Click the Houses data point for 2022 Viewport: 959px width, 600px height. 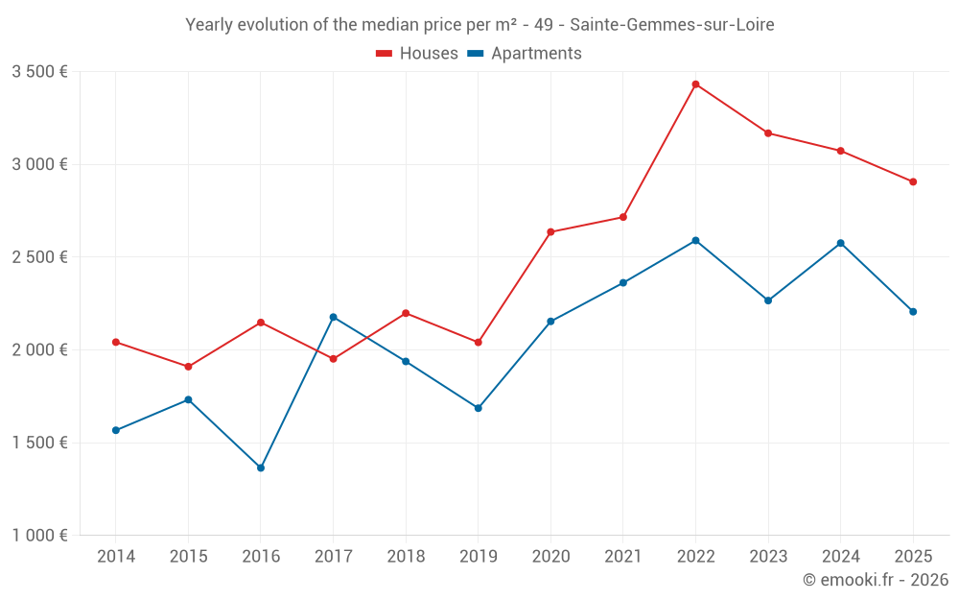(x=695, y=84)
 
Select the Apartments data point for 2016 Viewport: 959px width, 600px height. (x=261, y=468)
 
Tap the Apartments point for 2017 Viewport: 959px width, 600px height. (x=333, y=317)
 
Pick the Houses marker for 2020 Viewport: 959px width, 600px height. (x=550, y=231)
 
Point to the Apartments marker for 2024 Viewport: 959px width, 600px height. (x=840, y=243)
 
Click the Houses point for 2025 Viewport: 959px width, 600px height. (x=913, y=181)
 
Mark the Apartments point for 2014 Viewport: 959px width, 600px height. (x=116, y=430)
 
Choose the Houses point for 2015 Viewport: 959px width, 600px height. (x=188, y=367)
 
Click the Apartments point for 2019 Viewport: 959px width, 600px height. (x=478, y=408)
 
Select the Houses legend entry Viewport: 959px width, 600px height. (x=417, y=54)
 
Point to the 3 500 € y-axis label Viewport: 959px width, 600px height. (x=39, y=71)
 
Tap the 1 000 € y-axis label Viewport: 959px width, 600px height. (x=39, y=536)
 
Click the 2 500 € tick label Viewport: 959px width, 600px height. (x=39, y=257)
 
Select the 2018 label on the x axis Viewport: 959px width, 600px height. (x=406, y=557)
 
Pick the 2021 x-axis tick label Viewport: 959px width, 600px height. (x=622, y=557)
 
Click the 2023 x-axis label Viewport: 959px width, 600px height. (x=767, y=557)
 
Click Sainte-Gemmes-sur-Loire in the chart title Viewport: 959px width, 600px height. (x=671, y=25)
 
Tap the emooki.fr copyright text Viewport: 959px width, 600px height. (x=875, y=580)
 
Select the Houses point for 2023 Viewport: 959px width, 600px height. (x=768, y=132)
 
